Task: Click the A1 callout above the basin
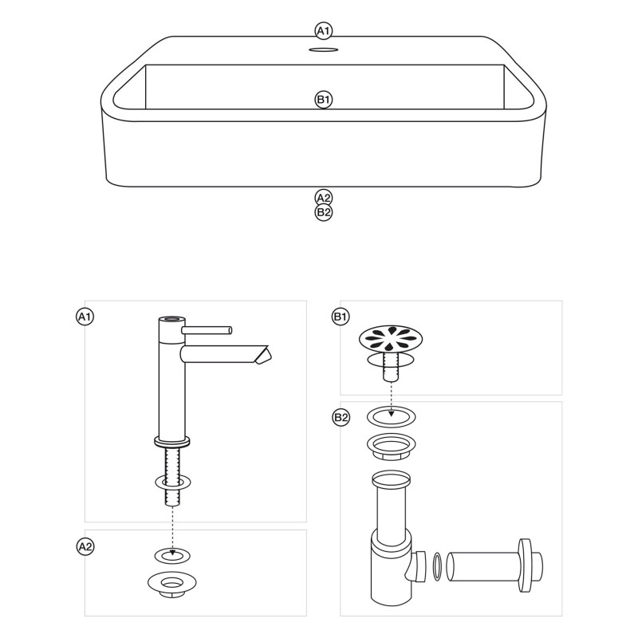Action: pos(324,31)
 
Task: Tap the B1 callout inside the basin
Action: pos(324,100)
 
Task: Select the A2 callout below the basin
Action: pos(324,198)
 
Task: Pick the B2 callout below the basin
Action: pos(324,212)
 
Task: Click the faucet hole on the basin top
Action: pos(324,49)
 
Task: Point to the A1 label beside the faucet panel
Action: pos(85,317)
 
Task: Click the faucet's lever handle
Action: pos(207,330)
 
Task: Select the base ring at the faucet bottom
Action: pos(172,442)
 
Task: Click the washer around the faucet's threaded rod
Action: pos(173,482)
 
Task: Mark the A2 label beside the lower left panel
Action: pos(85,546)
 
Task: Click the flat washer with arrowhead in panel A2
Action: pos(172,555)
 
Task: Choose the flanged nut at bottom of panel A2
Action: pos(171,585)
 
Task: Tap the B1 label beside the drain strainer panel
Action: pos(341,317)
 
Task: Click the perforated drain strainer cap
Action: pos(391,338)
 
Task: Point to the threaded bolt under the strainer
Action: pos(391,367)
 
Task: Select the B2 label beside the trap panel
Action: pos(341,417)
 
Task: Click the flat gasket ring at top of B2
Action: pos(392,416)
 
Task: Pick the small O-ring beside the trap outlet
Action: pos(437,566)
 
